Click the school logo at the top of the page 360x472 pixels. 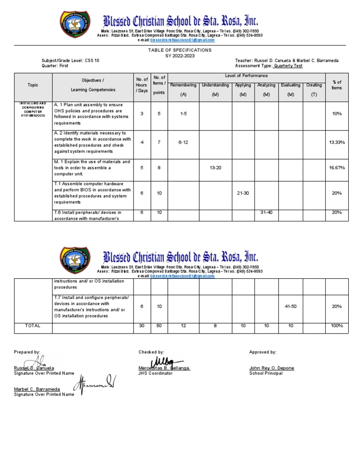(x=77, y=24)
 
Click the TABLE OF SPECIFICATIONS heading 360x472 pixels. (x=180, y=50)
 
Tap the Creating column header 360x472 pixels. (x=314, y=85)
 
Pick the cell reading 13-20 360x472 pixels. (x=215, y=167)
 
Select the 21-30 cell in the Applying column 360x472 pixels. (x=243, y=193)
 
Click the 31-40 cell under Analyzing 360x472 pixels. (x=266, y=213)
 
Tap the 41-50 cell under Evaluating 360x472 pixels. (x=291, y=306)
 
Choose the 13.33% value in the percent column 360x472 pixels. (x=337, y=142)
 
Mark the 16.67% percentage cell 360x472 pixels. (x=337, y=167)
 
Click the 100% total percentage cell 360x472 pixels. (x=337, y=326)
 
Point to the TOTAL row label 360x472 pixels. (x=33, y=326)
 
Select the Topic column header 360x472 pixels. (x=33, y=85)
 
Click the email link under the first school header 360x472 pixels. (x=180, y=40)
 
